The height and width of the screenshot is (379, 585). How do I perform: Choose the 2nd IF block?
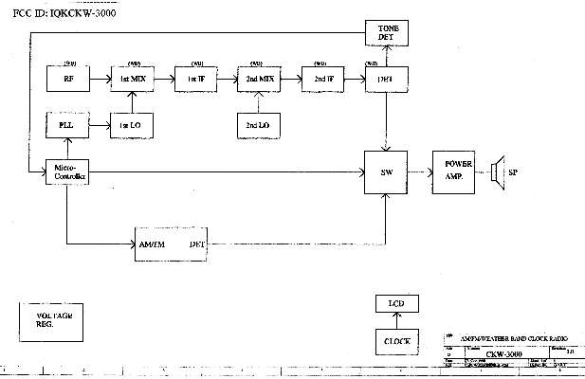322,79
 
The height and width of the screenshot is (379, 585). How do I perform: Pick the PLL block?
66,125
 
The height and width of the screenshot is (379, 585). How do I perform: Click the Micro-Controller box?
66,173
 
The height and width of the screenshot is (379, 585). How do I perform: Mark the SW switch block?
386,171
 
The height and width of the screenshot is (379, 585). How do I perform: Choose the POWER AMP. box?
457,171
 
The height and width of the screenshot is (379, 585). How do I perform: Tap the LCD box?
396,304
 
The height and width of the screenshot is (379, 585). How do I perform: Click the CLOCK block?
396,339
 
